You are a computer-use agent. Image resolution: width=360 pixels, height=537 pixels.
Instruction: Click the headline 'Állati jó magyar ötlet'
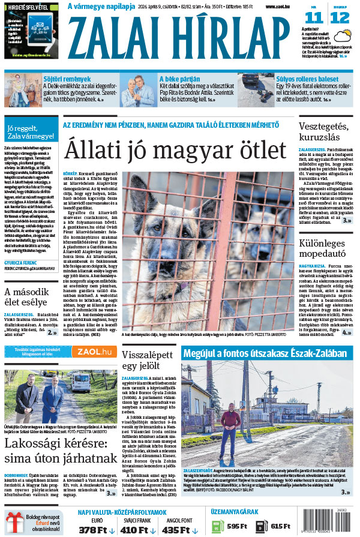[175, 149]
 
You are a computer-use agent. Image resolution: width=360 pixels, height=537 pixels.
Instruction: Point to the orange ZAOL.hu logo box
[94, 352]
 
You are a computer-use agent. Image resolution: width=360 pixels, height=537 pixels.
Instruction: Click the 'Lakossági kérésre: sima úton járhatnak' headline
[60, 451]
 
